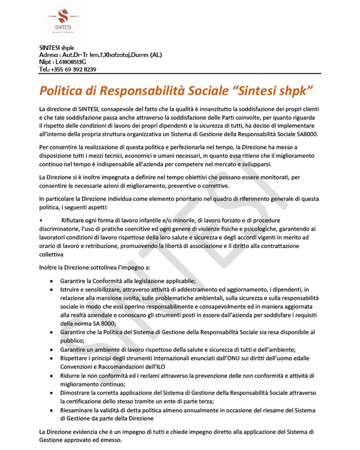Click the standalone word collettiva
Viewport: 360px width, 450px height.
[54, 254]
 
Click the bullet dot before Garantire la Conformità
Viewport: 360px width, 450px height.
[54, 280]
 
